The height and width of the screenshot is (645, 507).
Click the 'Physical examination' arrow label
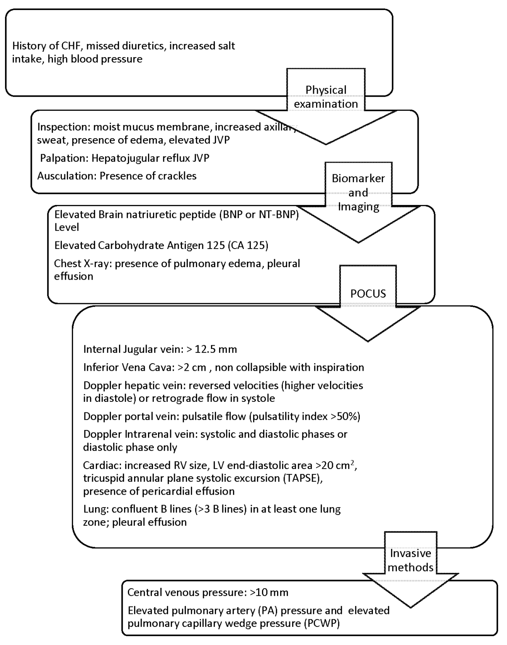[x=326, y=97]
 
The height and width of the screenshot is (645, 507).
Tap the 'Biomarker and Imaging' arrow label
[x=358, y=192]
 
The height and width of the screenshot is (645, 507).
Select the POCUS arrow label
[x=368, y=294]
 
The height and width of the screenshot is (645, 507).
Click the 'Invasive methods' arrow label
[x=410, y=560]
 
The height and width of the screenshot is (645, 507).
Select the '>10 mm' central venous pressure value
[x=269, y=593]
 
